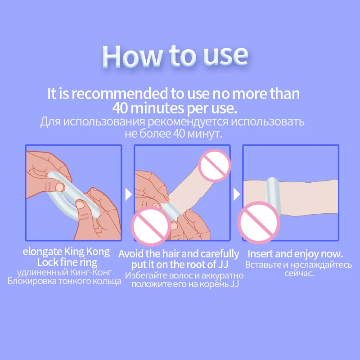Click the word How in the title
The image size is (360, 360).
132,56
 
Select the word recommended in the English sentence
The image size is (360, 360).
119,94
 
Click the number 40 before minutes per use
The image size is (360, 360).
120,108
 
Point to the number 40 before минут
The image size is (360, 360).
179,134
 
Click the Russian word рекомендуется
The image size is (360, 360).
188,122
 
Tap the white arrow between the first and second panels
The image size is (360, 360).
128,194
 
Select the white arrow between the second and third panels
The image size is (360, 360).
237,194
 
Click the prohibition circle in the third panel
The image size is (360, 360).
259,222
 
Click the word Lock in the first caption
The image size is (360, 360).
47,262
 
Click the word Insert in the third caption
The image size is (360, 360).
260,254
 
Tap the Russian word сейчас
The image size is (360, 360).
299,274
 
